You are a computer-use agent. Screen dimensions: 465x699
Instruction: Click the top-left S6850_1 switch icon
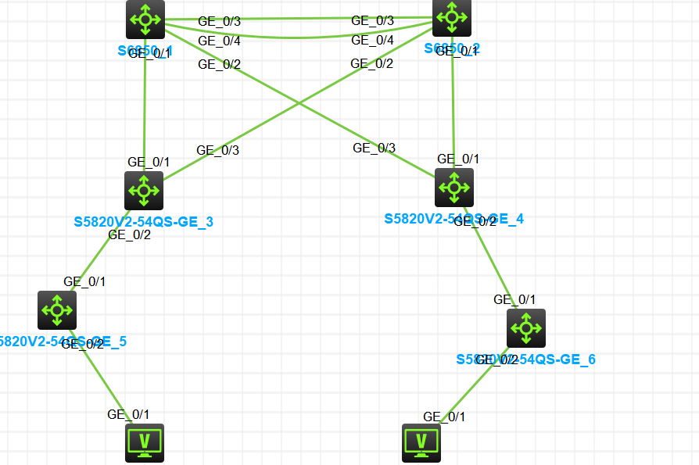click(x=145, y=20)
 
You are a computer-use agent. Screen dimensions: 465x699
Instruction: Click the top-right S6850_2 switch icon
click(x=453, y=17)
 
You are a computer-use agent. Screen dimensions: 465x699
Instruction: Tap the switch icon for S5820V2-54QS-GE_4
click(x=454, y=188)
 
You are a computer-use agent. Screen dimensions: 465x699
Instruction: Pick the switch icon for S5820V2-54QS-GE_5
click(x=57, y=310)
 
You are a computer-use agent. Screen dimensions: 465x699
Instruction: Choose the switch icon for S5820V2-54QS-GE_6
click(x=526, y=327)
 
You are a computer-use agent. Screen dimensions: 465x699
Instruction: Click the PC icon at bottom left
click(x=145, y=442)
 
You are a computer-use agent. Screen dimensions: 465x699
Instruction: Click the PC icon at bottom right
click(x=421, y=442)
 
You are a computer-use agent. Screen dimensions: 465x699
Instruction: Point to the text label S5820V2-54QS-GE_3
click(x=144, y=222)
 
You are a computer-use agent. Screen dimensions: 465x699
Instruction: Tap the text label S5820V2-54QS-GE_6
click(x=526, y=359)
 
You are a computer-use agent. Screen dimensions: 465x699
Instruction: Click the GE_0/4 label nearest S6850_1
click(x=219, y=41)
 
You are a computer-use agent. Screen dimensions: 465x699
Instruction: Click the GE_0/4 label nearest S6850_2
click(x=372, y=40)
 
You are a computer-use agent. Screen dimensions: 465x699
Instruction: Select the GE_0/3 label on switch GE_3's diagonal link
click(x=217, y=150)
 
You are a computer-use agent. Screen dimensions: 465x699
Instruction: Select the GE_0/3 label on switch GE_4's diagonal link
click(x=374, y=148)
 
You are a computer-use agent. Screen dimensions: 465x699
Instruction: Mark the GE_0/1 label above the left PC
click(x=128, y=414)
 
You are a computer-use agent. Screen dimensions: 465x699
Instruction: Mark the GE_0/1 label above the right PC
click(x=444, y=417)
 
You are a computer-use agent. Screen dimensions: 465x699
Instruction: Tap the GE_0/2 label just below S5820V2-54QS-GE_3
click(x=129, y=234)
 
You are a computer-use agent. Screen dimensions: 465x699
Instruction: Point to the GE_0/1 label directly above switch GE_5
click(x=84, y=281)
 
